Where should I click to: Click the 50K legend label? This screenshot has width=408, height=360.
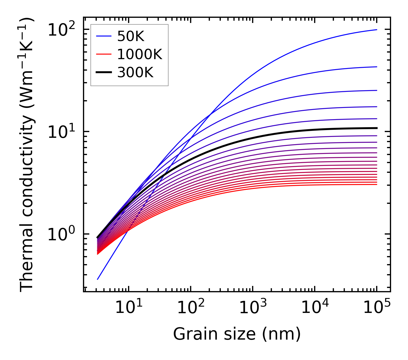coord(130,36)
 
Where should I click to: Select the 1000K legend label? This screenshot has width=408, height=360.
coord(140,55)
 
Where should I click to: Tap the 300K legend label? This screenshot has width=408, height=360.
coord(135,73)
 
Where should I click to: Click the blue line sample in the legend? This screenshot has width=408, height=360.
coord(103,36)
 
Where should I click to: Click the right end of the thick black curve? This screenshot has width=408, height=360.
coord(377,128)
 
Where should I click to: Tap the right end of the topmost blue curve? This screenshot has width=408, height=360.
coord(377,30)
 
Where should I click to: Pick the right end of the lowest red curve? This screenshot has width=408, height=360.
coord(377,184)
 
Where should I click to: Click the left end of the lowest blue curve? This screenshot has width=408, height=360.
coord(98,279)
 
